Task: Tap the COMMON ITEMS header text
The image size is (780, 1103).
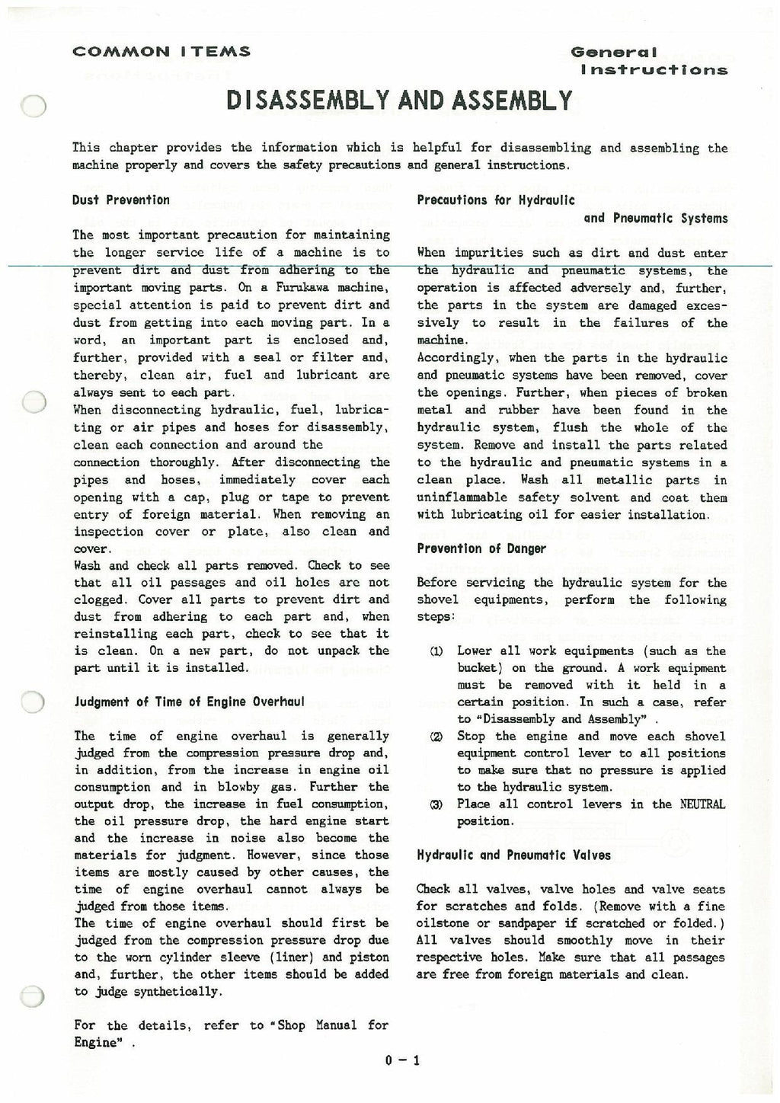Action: [x=161, y=53]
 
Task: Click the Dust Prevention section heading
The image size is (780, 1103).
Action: [x=121, y=200]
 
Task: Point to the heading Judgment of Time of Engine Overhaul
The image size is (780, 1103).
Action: [x=178, y=702]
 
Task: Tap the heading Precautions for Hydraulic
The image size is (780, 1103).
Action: [x=496, y=200]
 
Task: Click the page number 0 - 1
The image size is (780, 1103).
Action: [x=403, y=1060]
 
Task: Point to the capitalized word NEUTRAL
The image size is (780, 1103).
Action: [x=703, y=804]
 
